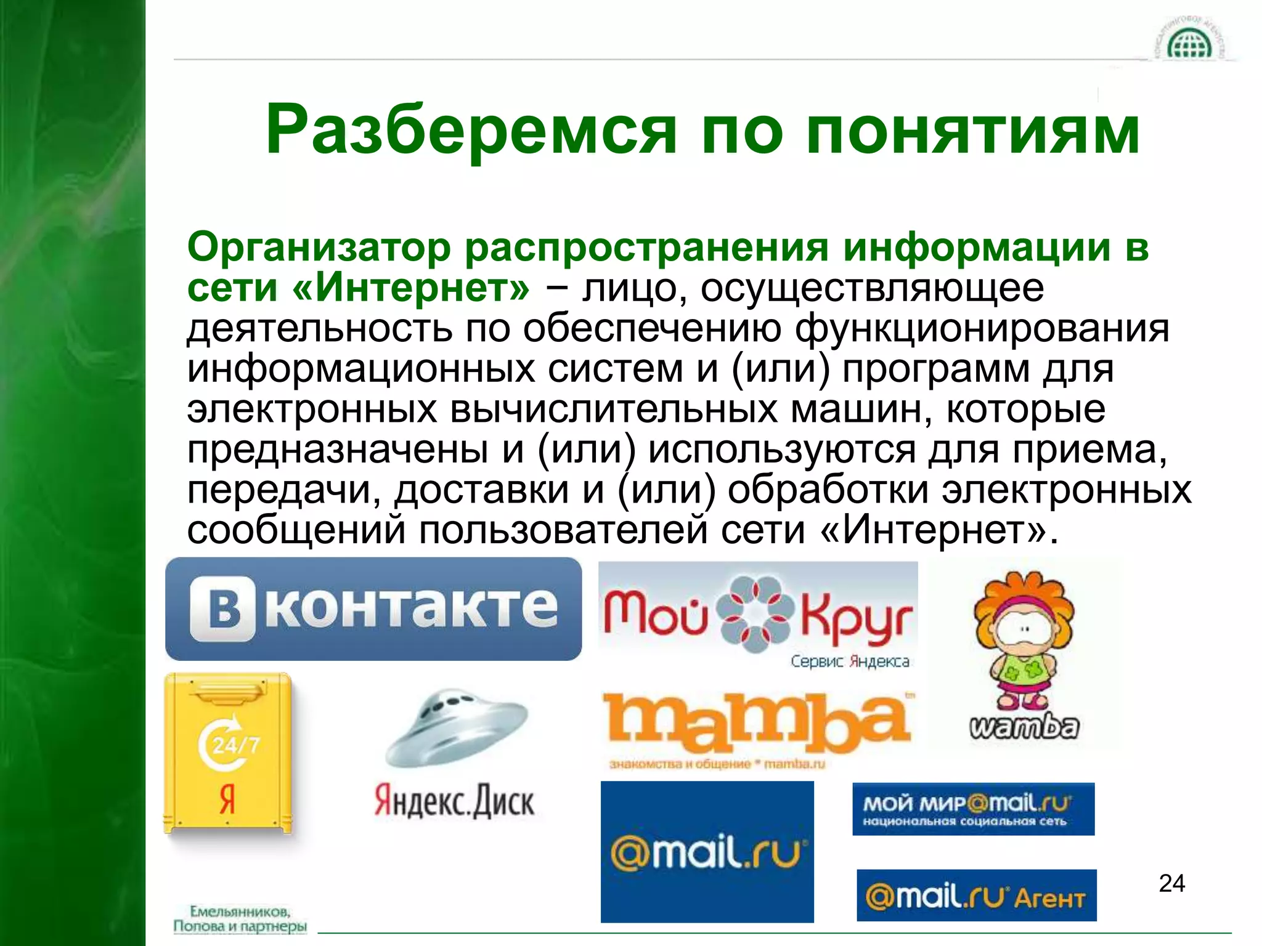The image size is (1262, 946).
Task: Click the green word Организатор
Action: point(319,248)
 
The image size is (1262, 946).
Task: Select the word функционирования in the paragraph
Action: point(982,328)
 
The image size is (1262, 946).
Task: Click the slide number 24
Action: point(1171,883)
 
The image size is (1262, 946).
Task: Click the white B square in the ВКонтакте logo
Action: point(223,608)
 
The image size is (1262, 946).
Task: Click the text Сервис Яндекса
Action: point(850,662)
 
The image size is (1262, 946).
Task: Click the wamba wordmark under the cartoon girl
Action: point(1024,727)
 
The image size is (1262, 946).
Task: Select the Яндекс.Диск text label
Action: point(455,801)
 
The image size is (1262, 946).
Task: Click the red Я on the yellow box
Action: point(227,800)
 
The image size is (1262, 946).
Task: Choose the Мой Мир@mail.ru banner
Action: point(973,809)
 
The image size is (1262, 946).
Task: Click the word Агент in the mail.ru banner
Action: point(1049,899)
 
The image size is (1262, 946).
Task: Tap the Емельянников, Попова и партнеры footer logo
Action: point(240,919)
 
